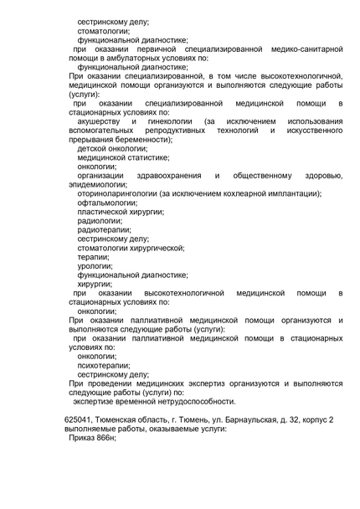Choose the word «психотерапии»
[x=104, y=365]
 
